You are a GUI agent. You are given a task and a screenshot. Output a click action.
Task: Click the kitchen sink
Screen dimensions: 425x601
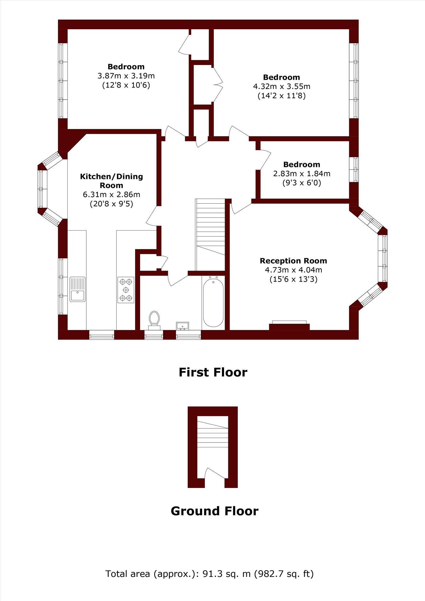[78, 289]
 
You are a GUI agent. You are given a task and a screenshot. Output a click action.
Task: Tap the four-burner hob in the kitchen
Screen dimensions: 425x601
[126, 290]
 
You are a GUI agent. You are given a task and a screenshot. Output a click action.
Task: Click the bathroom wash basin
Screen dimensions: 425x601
[182, 326]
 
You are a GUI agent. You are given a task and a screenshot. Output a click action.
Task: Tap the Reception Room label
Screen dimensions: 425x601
[293, 261]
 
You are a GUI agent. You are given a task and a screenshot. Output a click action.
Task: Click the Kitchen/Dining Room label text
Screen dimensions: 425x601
[111, 181]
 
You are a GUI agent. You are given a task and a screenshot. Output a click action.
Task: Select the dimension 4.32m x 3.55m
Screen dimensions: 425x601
[282, 87]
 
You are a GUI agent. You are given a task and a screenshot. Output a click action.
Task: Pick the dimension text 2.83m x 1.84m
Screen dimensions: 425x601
[302, 174]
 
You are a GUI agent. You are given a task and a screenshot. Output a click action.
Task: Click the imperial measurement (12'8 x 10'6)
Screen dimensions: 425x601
[126, 85]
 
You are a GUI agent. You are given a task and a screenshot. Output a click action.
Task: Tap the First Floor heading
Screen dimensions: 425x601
[213, 372]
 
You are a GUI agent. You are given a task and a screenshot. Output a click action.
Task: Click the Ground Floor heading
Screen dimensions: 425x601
[214, 511]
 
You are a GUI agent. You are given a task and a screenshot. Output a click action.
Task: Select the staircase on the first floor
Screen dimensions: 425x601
[210, 235]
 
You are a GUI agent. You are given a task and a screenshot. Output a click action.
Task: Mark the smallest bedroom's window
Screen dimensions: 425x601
[354, 169]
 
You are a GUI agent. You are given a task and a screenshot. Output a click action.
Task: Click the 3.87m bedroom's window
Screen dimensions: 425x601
[63, 81]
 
